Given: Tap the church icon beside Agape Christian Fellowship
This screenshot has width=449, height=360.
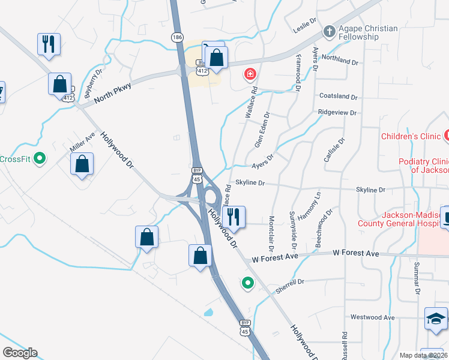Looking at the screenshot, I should [329, 31].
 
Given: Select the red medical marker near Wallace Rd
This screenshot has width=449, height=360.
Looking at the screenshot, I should [249, 75].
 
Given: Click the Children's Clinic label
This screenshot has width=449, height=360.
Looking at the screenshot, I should [411, 136].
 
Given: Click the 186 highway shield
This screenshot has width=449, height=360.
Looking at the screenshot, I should [177, 37].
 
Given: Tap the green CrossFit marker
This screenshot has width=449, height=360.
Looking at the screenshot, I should [40, 159].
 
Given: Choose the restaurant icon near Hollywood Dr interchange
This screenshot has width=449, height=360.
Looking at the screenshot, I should [234, 217].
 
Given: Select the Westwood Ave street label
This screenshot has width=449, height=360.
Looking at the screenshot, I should [372, 317].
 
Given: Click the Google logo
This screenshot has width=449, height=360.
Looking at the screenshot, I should [19, 353].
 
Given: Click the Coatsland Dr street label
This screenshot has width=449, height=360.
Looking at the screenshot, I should [338, 97].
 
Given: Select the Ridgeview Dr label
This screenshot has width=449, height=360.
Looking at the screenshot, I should [337, 112].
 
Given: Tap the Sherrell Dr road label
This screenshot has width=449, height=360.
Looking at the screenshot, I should [291, 286].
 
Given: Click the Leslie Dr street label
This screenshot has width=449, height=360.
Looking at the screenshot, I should [305, 23].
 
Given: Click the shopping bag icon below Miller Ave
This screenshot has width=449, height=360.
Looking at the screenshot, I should [82, 164].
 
